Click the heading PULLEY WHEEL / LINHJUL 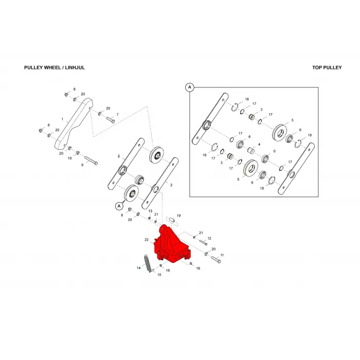pos(55,67)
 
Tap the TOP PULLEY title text pos(327,67)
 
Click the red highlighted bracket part pos(172,245)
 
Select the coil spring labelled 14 pos(148,263)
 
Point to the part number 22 pos(147,240)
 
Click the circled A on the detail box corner pos(190,87)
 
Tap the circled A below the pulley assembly pos(119,206)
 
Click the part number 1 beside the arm pos(62,119)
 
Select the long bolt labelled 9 pos(91,160)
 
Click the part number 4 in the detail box pos(259,145)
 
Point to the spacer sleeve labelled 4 pos(251,151)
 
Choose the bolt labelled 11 pos(217,260)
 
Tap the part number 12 pos(209,238)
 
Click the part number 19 pos(178,215)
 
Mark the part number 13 pos(150,211)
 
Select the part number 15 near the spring pos(159,275)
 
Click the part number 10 pos(69,158)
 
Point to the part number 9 pos(82,165)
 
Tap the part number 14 pos(138,268)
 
